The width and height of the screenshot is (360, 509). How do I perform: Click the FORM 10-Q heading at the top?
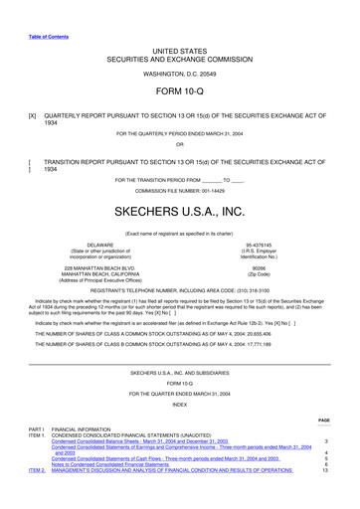pyautogui.click(x=179, y=91)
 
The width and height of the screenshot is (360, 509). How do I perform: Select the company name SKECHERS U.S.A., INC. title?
pyautogui.click(x=179, y=213)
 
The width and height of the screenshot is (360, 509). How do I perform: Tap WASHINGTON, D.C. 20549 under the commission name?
pyautogui.click(x=179, y=74)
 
